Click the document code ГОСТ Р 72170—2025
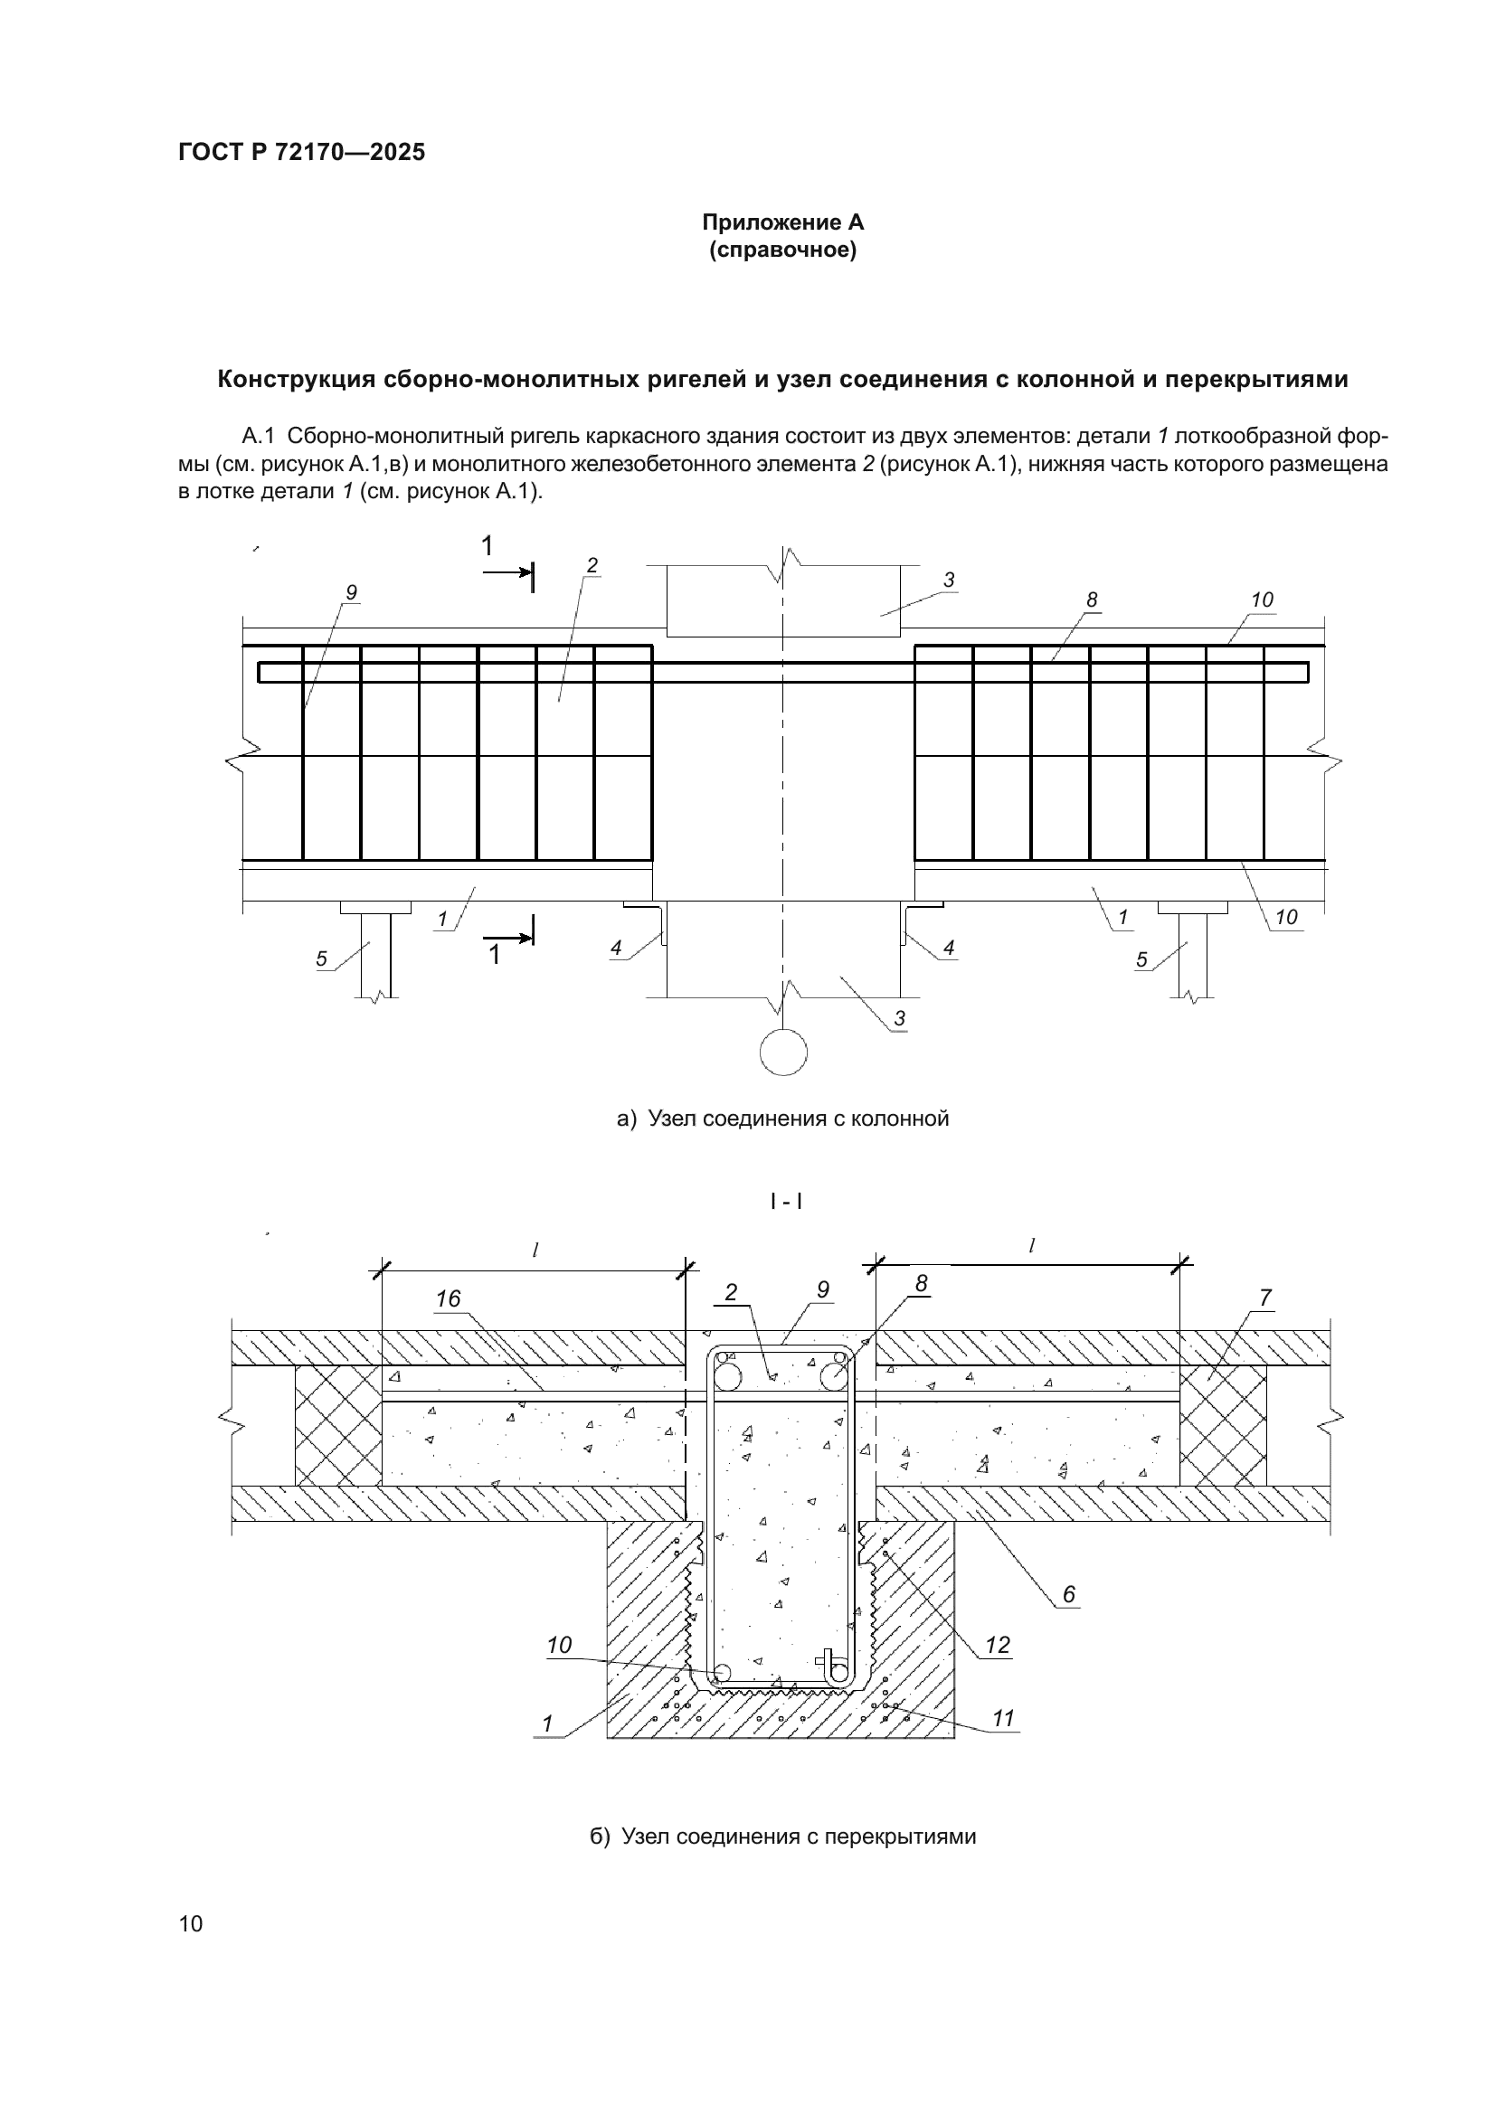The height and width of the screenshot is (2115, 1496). [x=301, y=152]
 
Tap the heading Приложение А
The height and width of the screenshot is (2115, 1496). [x=783, y=222]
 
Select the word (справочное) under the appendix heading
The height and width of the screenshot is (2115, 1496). [x=783, y=250]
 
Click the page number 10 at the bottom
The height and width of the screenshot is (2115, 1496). [x=191, y=1923]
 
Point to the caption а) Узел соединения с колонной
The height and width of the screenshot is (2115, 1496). [x=783, y=1119]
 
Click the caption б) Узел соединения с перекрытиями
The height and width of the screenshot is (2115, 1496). [x=783, y=1836]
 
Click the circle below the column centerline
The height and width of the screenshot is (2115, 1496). [x=783, y=1052]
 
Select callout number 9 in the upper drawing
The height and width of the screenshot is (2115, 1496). [x=351, y=592]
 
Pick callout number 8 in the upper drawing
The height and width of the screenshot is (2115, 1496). [x=1092, y=600]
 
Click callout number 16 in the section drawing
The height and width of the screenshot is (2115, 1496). [x=448, y=1298]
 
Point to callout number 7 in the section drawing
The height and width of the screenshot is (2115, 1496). [x=1264, y=1297]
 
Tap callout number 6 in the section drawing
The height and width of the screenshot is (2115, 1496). [x=1068, y=1594]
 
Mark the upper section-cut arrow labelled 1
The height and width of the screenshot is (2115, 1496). [x=507, y=572]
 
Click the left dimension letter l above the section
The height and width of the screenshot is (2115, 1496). [x=535, y=1250]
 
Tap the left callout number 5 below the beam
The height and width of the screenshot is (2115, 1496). [x=321, y=958]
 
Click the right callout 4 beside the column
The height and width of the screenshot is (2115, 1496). [x=948, y=947]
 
